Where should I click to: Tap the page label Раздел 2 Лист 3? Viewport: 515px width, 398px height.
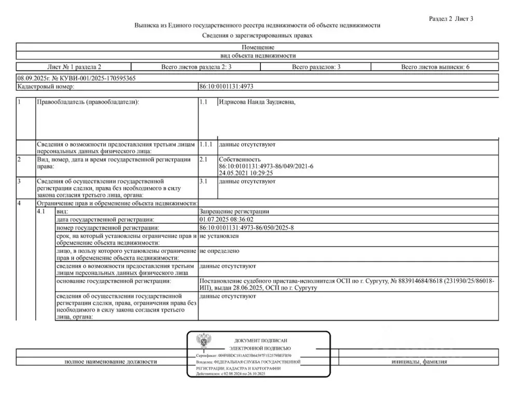pyautogui.click(x=451, y=19)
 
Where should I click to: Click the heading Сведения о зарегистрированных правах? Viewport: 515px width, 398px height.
pyautogui.click(x=257, y=36)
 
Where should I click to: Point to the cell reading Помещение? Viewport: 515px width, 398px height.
pyautogui.click(x=257, y=47)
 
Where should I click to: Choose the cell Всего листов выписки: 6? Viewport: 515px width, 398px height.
pyautogui.click(x=435, y=67)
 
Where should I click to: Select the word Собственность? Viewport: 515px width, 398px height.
pyautogui.click(x=240, y=160)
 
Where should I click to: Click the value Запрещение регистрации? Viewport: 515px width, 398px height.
pyautogui.click(x=234, y=211)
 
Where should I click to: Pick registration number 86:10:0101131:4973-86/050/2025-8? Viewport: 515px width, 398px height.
pyautogui.click(x=246, y=228)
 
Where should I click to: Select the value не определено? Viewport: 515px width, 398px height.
pyautogui.click(x=219, y=251)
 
